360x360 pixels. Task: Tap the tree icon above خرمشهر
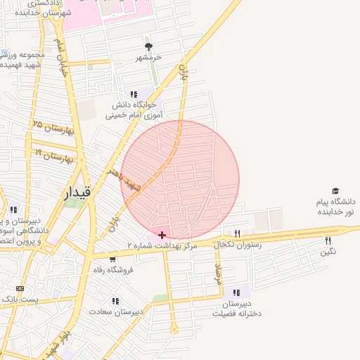click(x=148, y=46)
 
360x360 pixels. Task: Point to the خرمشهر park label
click(x=148, y=57)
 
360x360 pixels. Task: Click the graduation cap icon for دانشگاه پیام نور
click(x=335, y=191)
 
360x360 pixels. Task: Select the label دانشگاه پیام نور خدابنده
click(x=331, y=207)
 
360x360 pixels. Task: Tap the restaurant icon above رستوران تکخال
click(x=237, y=233)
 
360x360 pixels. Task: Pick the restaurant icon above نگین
click(x=328, y=240)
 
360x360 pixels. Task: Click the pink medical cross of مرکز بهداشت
click(x=162, y=234)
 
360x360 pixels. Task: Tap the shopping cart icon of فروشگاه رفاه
click(x=112, y=259)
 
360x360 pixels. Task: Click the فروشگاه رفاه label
click(x=112, y=269)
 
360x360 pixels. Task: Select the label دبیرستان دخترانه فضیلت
click(x=237, y=309)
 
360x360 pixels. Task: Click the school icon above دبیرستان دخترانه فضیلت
click(x=237, y=292)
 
